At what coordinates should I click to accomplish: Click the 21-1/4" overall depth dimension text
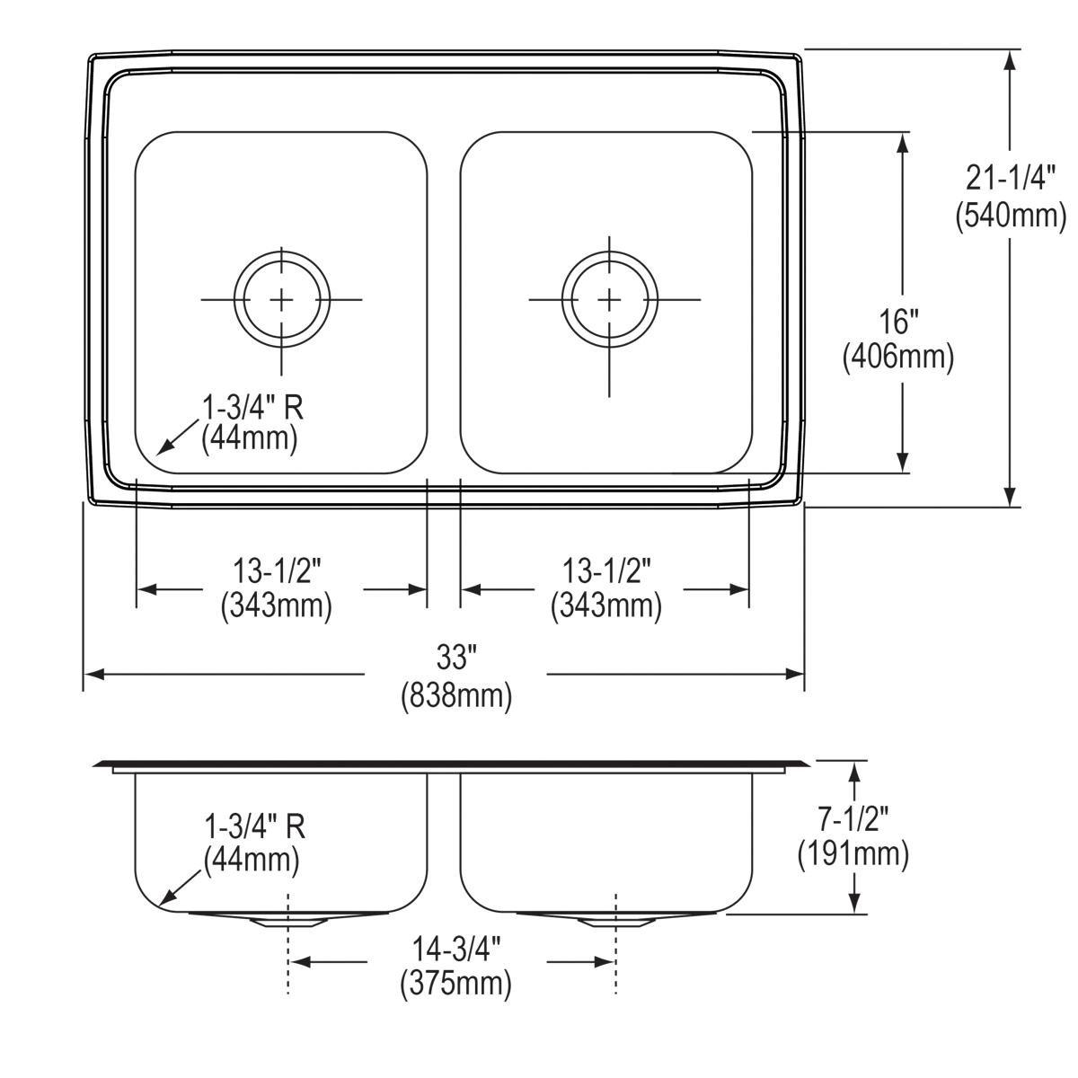point(1011,179)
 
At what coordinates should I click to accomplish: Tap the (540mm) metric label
point(1011,216)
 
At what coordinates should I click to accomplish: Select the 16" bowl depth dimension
point(898,321)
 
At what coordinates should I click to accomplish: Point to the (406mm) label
point(898,358)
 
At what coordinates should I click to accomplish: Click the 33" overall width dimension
point(455,658)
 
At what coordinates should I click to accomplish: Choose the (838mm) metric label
point(455,695)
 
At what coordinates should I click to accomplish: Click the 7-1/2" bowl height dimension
point(853,817)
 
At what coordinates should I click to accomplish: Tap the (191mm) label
point(853,853)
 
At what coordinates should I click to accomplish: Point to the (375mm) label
point(455,984)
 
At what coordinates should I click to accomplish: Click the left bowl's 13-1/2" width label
point(277,569)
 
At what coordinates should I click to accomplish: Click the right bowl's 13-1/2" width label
point(606,569)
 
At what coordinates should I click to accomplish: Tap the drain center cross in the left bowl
point(282,299)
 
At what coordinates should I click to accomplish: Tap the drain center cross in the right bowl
point(610,298)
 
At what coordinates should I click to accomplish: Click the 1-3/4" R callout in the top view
point(252,409)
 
